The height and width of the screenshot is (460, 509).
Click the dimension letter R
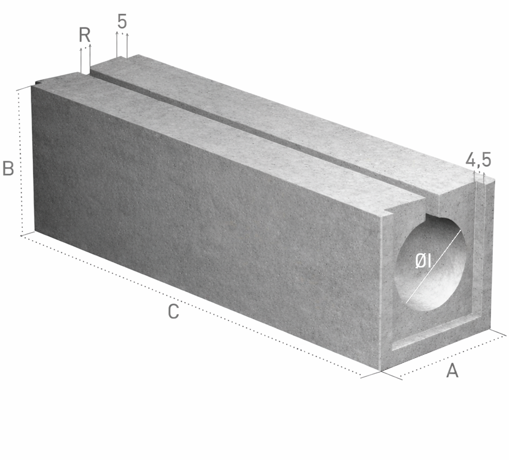click(x=85, y=35)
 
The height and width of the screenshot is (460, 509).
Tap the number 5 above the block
click(x=122, y=22)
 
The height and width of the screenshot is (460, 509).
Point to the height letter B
click(x=8, y=168)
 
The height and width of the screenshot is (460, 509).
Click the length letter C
click(x=173, y=312)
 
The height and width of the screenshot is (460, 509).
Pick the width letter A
click(x=452, y=370)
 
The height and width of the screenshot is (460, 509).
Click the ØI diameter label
click(x=423, y=261)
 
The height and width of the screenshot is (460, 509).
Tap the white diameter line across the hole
click(x=433, y=267)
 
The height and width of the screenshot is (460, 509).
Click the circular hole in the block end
click(x=430, y=263)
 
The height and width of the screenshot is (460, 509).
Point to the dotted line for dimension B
click(x=20, y=162)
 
